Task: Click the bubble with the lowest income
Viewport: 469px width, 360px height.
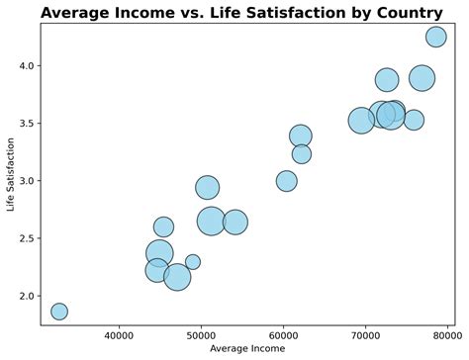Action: coord(59,312)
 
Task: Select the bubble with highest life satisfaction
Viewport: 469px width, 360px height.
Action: coord(435,37)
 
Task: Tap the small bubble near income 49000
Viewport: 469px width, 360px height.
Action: coord(193,262)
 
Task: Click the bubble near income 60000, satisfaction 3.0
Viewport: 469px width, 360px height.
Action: coord(286,181)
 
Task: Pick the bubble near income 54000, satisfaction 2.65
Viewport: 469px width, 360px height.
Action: coord(234,222)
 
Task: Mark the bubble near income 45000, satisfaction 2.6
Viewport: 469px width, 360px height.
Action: coord(163,226)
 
